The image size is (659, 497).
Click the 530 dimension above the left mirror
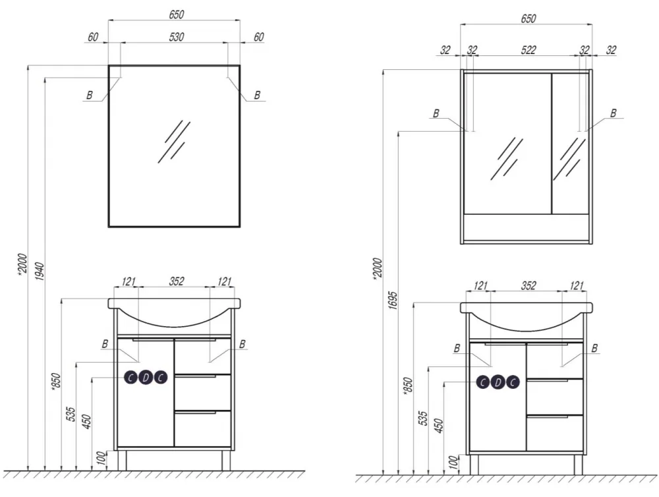point(177,37)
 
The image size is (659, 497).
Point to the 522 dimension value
point(529,50)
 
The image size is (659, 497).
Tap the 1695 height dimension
point(392,300)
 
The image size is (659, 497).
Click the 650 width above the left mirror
point(177,15)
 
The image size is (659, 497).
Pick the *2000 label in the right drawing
point(377,268)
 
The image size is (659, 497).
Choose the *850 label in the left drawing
point(56,382)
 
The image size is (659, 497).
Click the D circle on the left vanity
point(146,378)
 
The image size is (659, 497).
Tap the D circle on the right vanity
point(498,382)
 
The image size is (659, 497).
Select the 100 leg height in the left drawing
point(101,458)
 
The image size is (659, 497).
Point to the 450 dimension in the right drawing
point(438,426)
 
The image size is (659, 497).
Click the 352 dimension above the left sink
point(177,281)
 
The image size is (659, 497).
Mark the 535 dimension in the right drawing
point(423,419)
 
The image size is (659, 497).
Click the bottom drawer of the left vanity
point(202,428)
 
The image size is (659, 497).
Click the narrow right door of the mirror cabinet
point(570,144)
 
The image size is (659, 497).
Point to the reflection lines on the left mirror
point(173,142)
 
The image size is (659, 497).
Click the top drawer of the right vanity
point(555,361)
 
